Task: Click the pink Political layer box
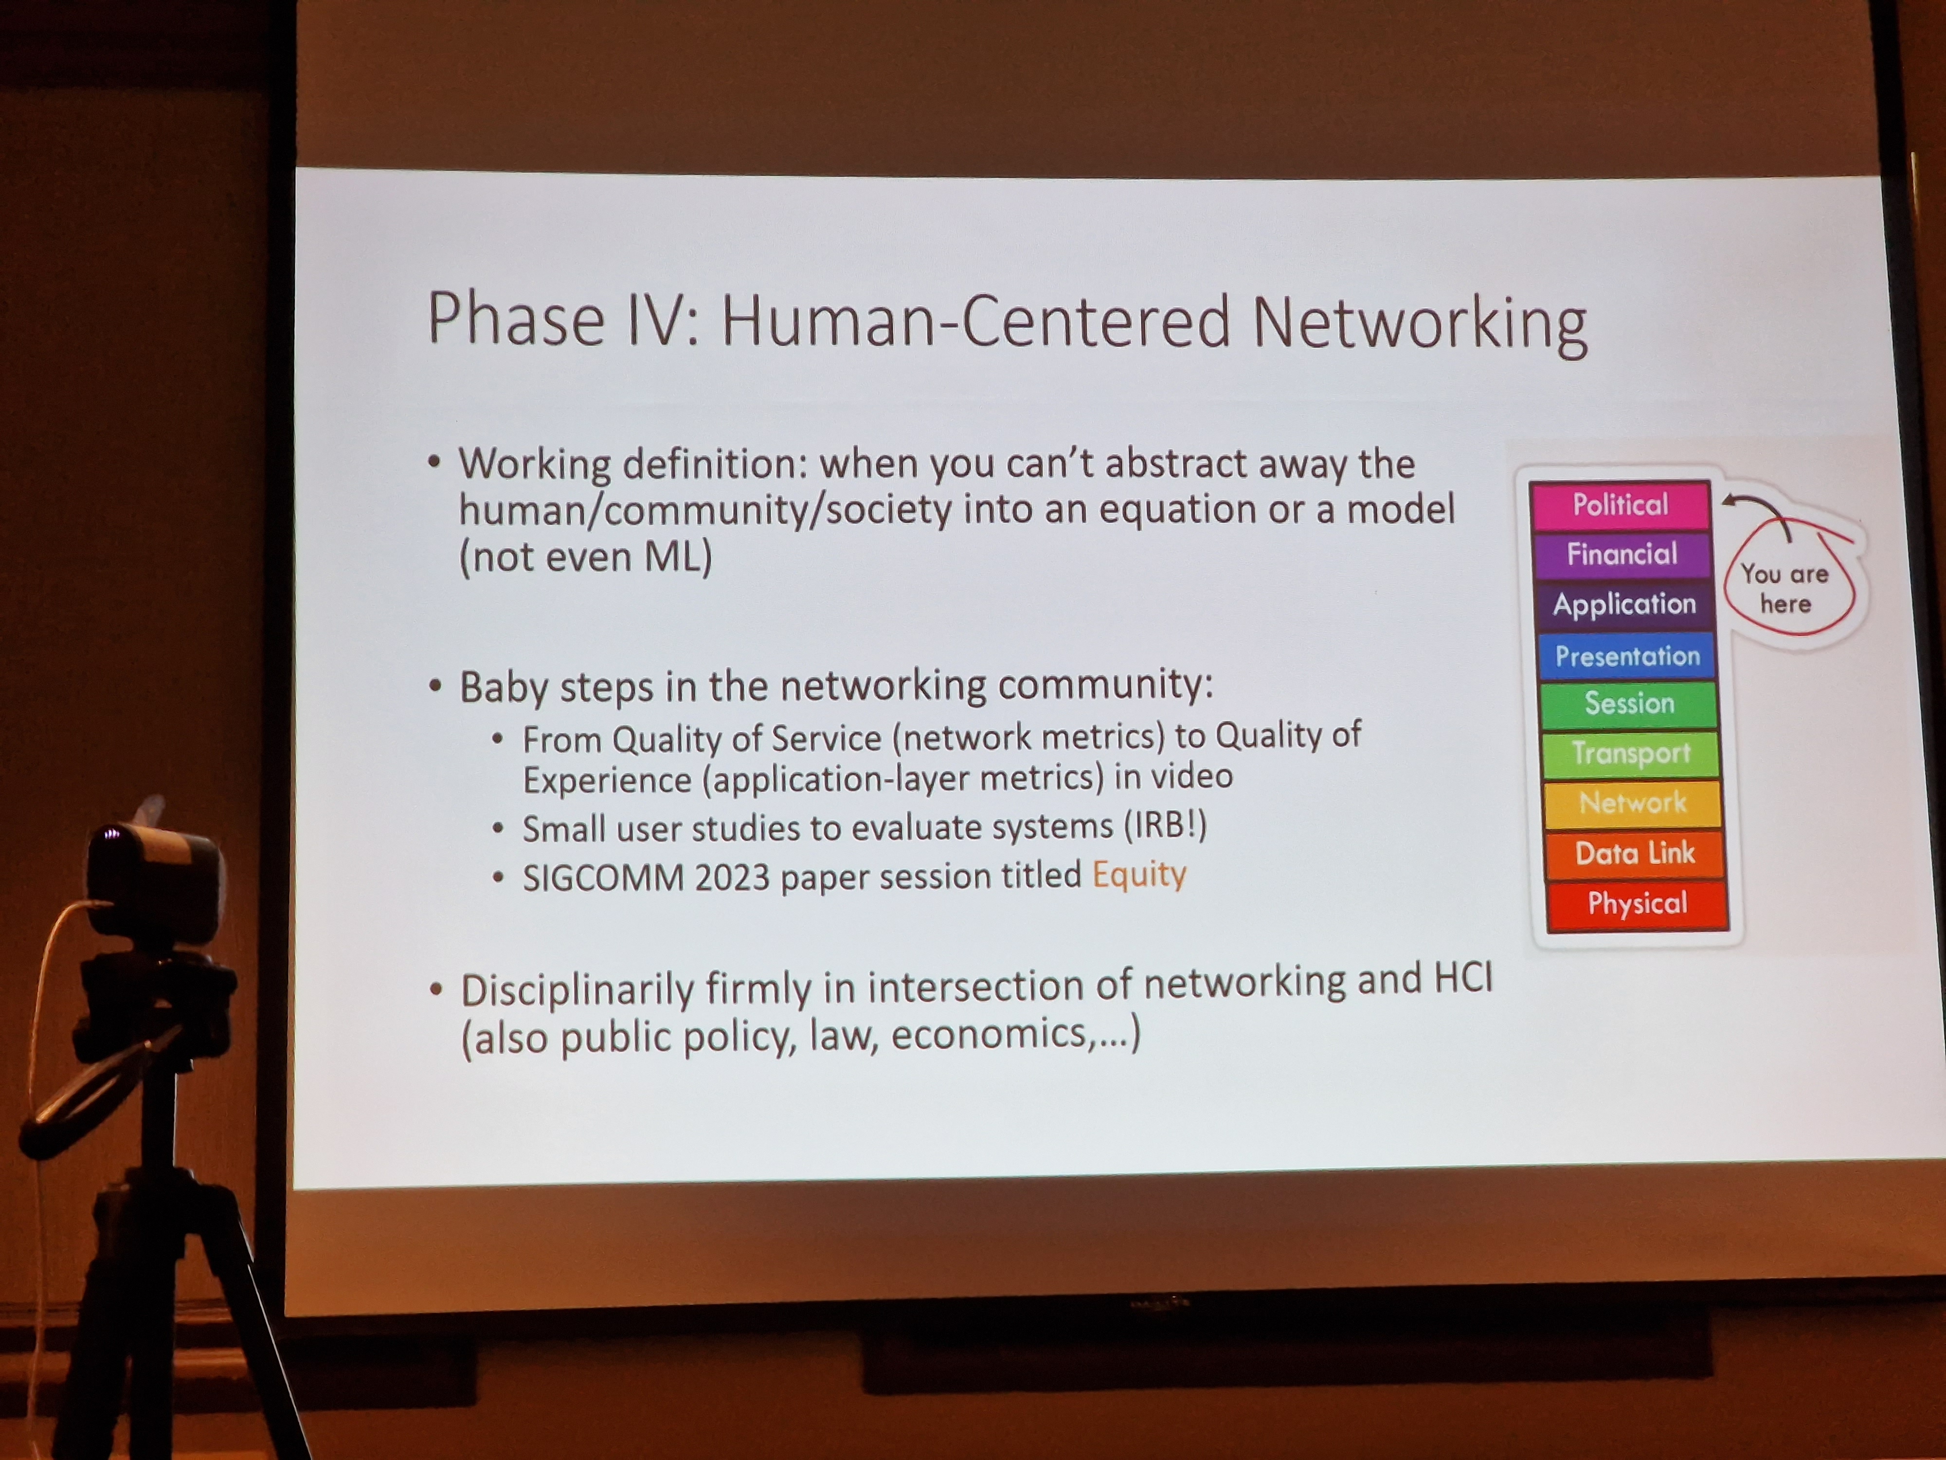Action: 1620,504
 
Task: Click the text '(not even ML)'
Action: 585,557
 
